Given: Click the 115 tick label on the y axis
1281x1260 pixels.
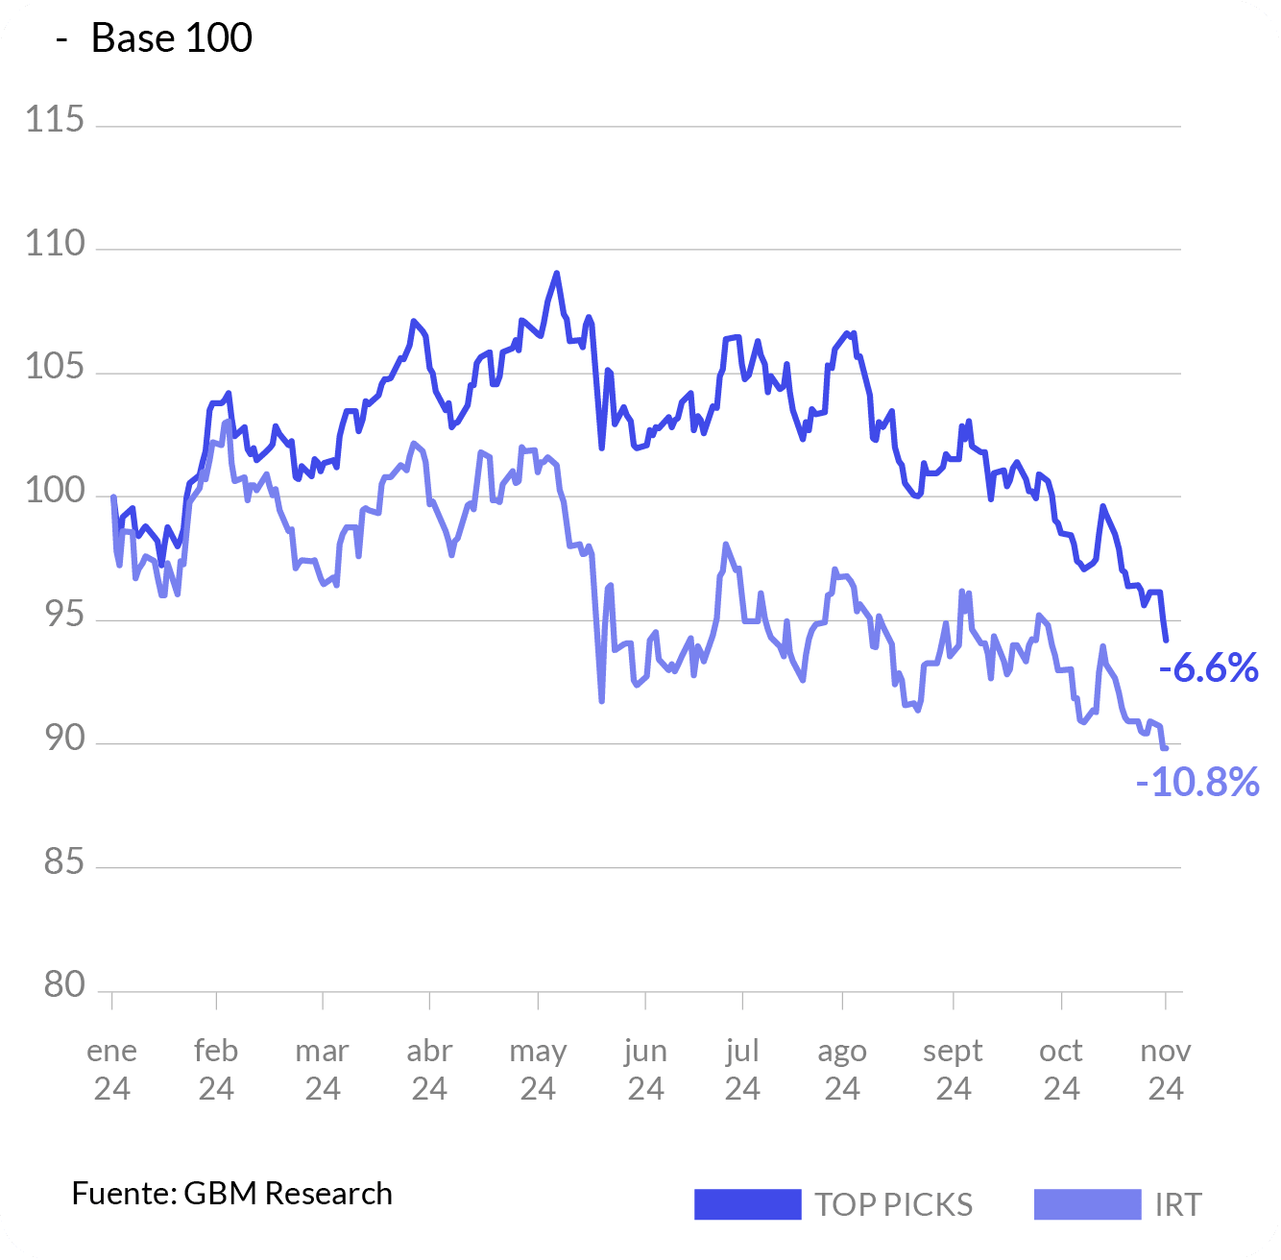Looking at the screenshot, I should (55, 121).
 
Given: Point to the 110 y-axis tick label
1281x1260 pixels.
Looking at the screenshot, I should (55, 244).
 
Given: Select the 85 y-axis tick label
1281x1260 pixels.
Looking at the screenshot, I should (63, 862).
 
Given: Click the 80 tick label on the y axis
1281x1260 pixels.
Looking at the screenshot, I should (63, 985).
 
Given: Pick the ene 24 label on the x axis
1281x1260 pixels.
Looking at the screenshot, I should (112, 1069).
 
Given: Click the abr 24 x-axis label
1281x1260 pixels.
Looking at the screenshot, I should (429, 1069).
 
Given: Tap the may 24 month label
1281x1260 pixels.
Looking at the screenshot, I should (538, 1069).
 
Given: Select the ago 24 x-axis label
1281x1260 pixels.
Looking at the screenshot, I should (842, 1069).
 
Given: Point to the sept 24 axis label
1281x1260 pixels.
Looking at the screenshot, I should (954, 1069).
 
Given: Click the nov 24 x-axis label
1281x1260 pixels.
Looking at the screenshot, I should (1166, 1069).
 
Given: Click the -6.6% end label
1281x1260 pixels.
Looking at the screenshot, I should (1209, 667).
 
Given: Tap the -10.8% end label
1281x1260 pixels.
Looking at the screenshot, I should (1197, 783).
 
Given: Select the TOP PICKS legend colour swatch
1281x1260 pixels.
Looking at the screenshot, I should (747, 1204).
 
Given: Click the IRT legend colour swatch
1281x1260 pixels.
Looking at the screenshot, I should (1087, 1204).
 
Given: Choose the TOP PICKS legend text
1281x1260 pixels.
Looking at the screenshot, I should (893, 1204).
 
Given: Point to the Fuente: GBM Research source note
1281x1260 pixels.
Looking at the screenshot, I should (232, 1193).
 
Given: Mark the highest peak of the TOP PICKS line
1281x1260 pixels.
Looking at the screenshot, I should (557, 274).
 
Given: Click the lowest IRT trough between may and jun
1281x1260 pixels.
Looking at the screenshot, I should (602, 701).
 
